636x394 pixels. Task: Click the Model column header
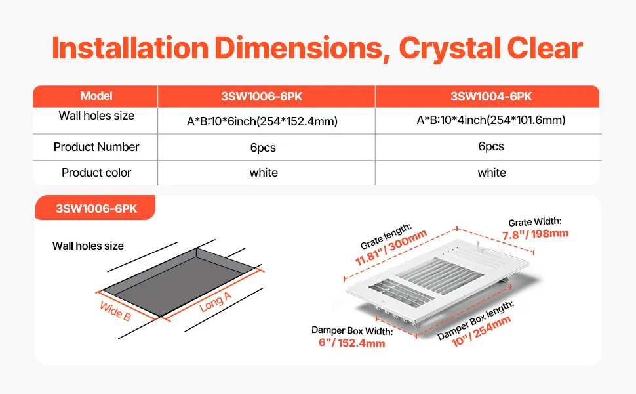click(x=96, y=96)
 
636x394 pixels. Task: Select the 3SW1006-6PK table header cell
click(x=262, y=97)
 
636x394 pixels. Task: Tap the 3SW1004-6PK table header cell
click(x=491, y=97)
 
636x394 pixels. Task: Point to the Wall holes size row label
click(x=96, y=116)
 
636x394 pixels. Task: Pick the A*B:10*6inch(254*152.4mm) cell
click(x=262, y=121)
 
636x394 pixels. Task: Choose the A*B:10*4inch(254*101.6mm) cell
click(x=491, y=120)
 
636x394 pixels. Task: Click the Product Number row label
click(x=96, y=147)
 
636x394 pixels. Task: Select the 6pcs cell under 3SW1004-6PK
click(x=491, y=146)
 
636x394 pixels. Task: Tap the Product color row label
click(x=96, y=173)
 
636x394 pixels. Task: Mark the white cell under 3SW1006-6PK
click(x=264, y=173)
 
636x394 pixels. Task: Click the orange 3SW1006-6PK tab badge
click(x=96, y=208)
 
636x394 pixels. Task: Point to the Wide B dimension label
click(x=115, y=311)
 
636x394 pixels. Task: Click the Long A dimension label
click(x=215, y=302)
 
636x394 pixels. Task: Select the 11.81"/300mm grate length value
click(x=391, y=248)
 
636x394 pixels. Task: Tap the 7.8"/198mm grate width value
click(x=536, y=234)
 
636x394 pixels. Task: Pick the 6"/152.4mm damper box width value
click(x=351, y=343)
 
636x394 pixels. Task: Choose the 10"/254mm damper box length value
click(x=481, y=331)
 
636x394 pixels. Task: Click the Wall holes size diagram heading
click(x=88, y=246)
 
